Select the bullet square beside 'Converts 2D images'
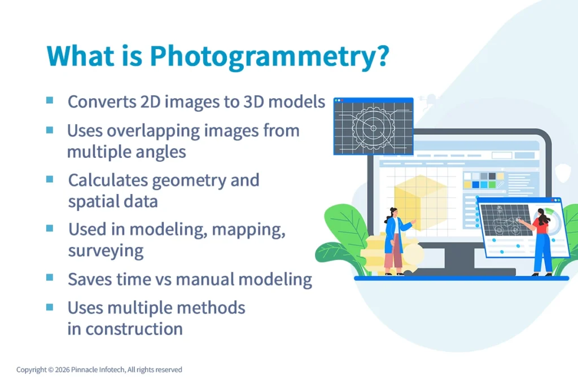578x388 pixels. (50, 100)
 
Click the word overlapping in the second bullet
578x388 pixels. (164, 131)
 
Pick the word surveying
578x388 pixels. (106, 250)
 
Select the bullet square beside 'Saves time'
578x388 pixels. (50, 277)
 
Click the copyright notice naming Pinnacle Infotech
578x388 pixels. (99, 370)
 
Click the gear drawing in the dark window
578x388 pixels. (373, 128)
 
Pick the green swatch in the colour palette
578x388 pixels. (492, 184)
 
